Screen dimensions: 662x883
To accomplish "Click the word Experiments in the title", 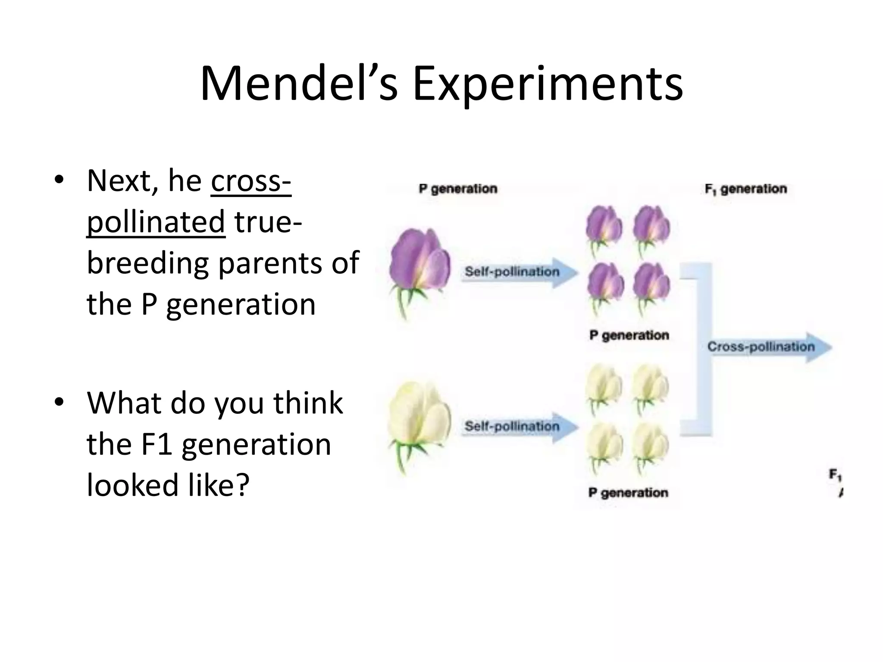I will click(548, 84).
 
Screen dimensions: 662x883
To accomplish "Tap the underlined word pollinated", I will click(156, 222).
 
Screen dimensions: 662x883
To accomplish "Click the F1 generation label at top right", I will click(745, 189).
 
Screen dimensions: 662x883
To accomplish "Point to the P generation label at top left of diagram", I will click(458, 189).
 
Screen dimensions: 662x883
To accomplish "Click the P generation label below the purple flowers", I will click(629, 335).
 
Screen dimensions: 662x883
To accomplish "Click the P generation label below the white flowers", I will click(628, 493).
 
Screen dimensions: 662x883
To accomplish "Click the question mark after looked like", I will click(242, 485).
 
